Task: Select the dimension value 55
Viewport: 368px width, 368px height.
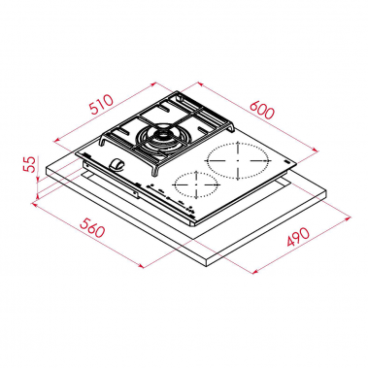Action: coord(29,167)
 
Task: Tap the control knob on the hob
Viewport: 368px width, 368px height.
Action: coord(118,166)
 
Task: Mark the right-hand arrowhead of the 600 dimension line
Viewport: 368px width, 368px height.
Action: coord(319,151)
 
